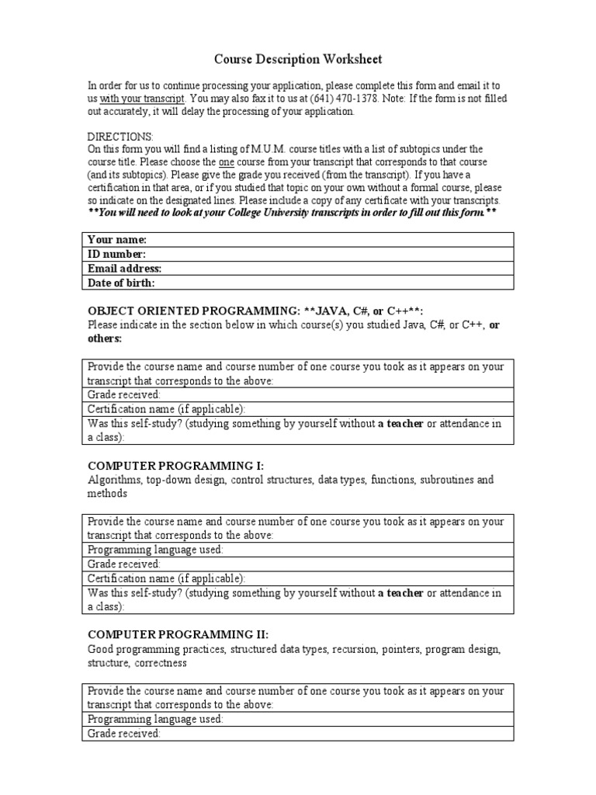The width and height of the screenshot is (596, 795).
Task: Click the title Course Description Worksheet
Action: coord(298,59)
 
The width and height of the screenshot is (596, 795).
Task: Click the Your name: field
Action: coord(297,240)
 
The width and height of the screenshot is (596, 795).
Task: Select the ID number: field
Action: coord(297,254)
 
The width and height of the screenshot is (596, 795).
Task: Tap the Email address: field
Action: coord(297,269)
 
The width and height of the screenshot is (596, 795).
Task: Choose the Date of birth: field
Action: coord(297,283)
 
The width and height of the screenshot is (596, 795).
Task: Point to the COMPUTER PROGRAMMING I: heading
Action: coord(175,466)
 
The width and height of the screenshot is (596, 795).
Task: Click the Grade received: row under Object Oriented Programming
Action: coord(297,394)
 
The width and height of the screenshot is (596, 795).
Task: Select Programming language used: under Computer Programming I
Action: coord(297,550)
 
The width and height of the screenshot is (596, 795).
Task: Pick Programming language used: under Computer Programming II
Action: coord(297,719)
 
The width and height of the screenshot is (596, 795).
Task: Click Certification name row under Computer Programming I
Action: coord(297,578)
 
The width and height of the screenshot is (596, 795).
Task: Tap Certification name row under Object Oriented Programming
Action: coord(297,408)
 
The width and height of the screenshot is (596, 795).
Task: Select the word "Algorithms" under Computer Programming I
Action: coord(114,480)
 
